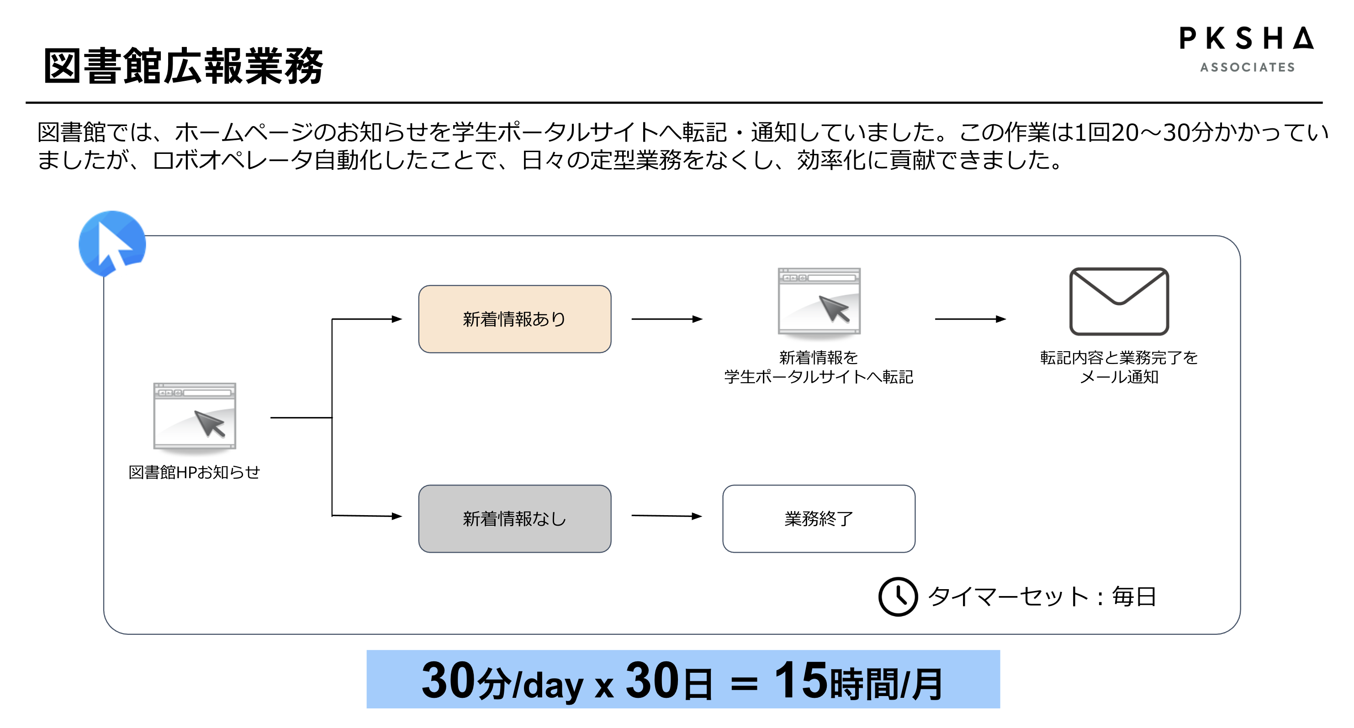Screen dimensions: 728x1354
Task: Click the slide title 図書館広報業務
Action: pos(183,66)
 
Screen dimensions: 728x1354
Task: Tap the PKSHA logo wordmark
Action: pos(1246,39)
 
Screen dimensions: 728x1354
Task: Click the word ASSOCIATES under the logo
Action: pos(1247,67)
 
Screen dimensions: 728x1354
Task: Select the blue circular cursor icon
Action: pos(112,243)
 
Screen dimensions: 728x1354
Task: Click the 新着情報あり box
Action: pos(514,319)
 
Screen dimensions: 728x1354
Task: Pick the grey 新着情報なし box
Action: pos(514,518)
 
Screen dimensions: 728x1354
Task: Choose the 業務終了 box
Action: pos(819,518)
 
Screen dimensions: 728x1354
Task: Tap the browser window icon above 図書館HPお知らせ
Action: pos(195,417)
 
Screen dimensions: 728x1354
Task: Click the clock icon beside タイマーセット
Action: pos(898,596)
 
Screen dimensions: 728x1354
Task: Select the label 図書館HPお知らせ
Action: pos(194,472)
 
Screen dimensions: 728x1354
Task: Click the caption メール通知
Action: pos(1119,377)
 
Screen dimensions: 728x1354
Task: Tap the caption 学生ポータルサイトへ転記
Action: pos(819,377)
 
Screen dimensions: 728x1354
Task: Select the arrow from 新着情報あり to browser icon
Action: pos(666,319)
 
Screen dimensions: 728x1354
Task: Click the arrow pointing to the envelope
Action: pos(970,319)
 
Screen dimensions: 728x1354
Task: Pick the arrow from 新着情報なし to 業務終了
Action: pos(666,516)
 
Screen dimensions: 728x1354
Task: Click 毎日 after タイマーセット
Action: pos(1134,596)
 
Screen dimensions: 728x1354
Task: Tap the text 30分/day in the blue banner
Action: pos(502,682)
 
